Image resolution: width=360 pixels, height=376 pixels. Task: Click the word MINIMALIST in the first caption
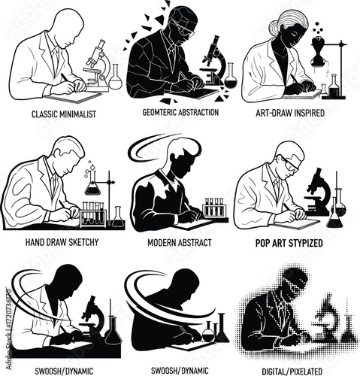[x=78, y=114]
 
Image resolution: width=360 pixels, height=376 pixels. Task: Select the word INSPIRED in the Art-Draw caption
[x=307, y=113]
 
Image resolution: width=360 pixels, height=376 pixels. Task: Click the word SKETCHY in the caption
[x=83, y=242]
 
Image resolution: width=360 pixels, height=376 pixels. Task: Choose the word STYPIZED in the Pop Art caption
[x=306, y=243]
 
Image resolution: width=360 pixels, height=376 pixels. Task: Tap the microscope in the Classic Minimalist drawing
[x=98, y=65]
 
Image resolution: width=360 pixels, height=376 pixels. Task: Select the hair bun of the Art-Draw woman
[x=274, y=29]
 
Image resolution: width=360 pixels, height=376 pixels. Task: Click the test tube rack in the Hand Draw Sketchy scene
[x=93, y=214]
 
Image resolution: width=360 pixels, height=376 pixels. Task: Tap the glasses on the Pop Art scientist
[x=291, y=165]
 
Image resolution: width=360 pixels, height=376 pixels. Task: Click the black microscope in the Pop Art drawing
[x=318, y=193]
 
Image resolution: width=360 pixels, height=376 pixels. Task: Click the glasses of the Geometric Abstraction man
[x=183, y=29]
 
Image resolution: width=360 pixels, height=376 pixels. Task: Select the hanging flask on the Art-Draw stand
[x=318, y=52]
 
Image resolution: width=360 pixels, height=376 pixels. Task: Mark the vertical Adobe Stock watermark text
[x=8, y=329]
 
